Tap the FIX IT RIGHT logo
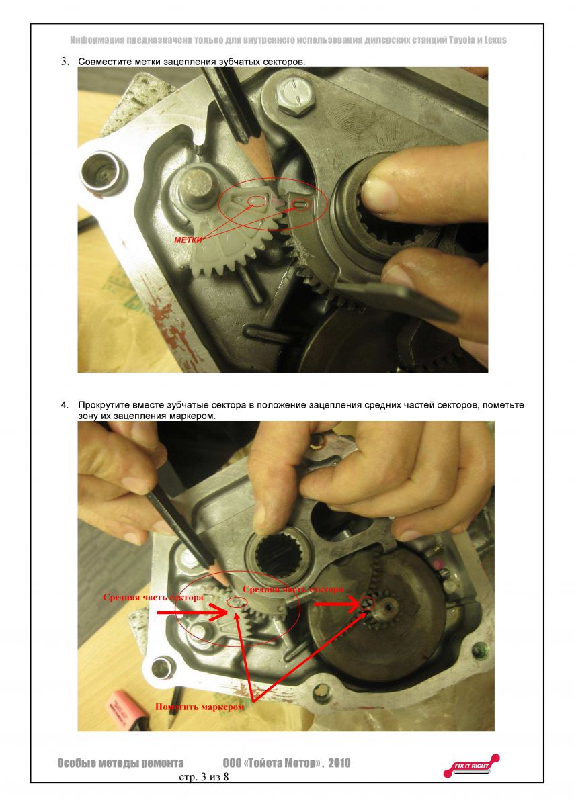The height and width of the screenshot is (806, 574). [471, 765]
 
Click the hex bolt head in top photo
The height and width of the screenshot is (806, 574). [293, 94]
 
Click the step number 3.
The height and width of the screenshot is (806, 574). [65, 62]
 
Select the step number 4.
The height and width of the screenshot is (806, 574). [65, 406]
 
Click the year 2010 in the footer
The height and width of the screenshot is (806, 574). [338, 763]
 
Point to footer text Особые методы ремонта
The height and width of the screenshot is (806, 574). [120, 763]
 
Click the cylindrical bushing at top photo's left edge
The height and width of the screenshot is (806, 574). [99, 171]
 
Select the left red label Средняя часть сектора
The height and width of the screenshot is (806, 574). [153, 597]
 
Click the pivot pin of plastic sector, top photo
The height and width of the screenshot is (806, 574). [197, 187]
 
